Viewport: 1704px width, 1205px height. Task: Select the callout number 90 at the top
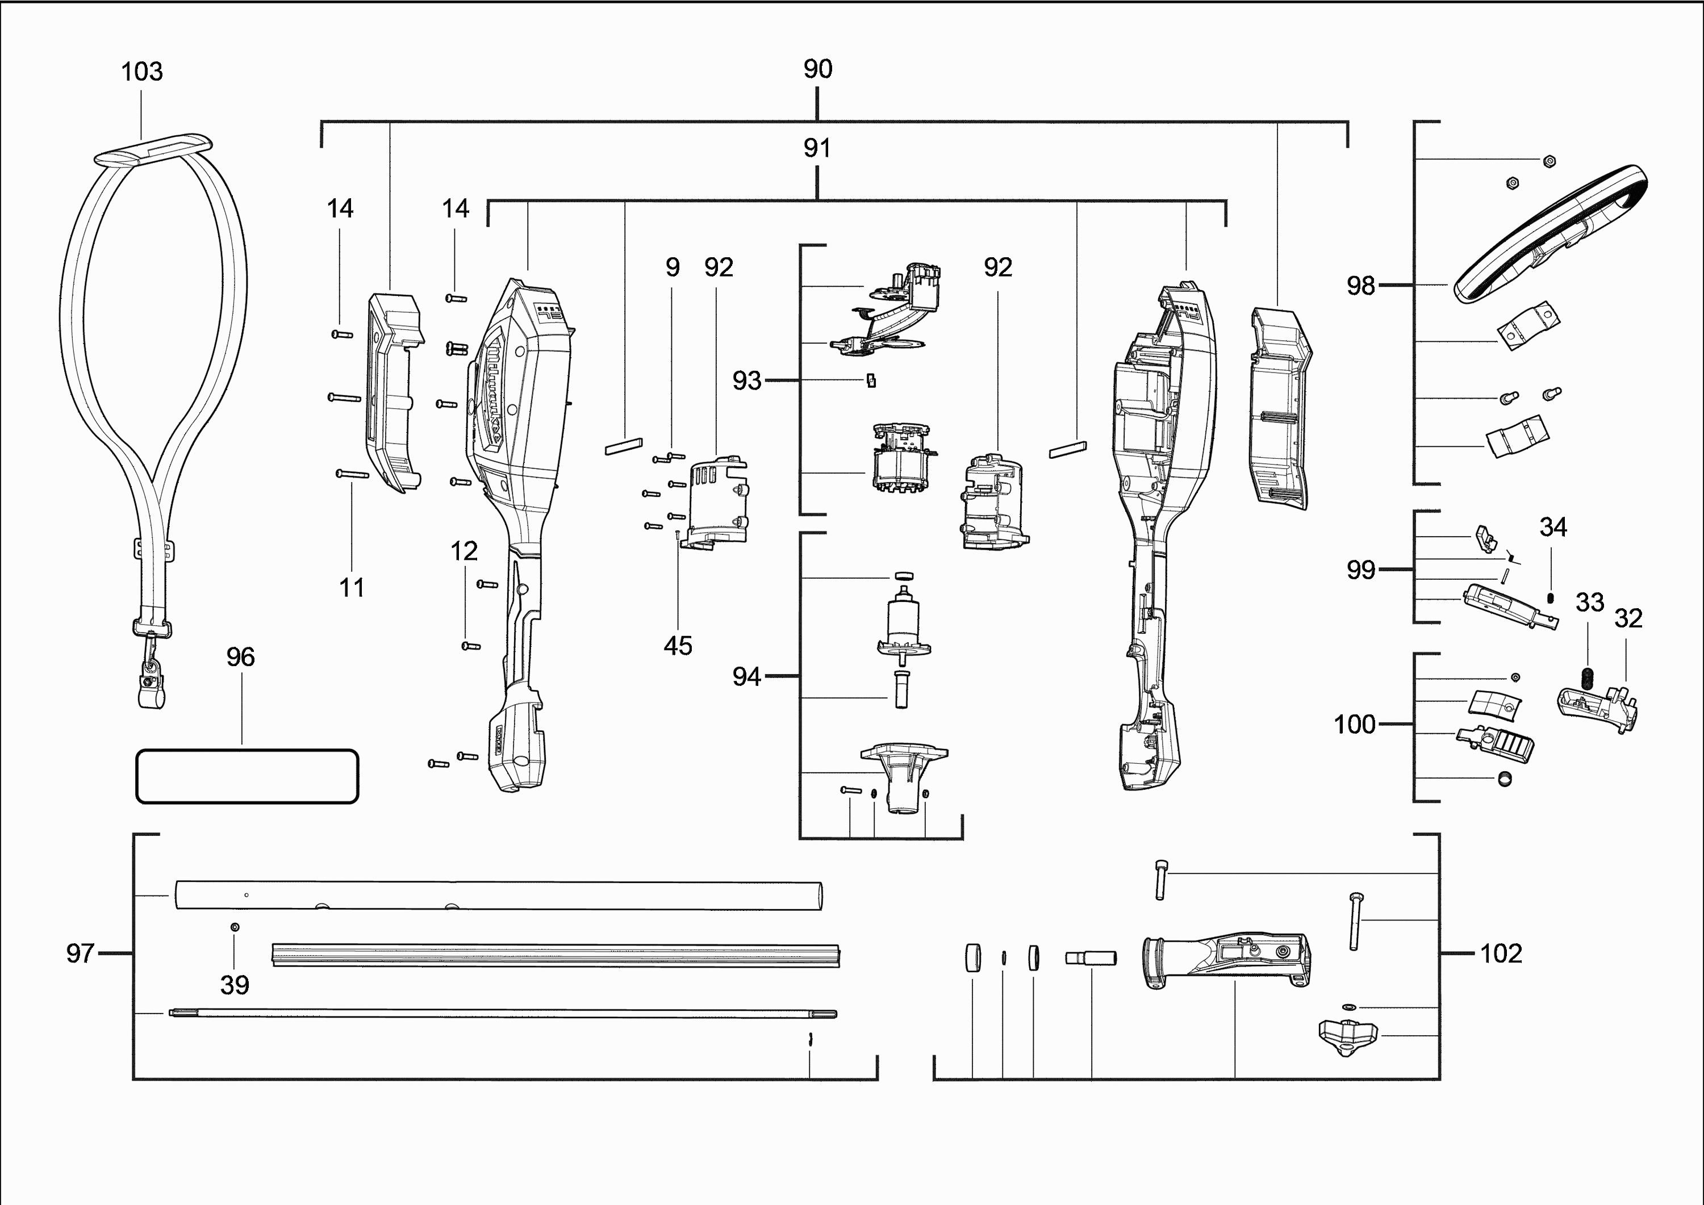pyautogui.click(x=817, y=69)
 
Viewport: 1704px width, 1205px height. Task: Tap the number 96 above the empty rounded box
pyautogui.click(x=240, y=656)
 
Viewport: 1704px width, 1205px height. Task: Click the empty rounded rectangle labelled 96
pyautogui.click(x=247, y=776)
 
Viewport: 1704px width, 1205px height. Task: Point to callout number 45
pyautogui.click(x=678, y=646)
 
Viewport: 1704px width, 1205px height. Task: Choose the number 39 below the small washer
pyautogui.click(x=235, y=985)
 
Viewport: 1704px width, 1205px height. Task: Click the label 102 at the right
pyautogui.click(x=1501, y=953)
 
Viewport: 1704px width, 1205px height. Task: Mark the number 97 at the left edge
pyautogui.click(x=80, y=953)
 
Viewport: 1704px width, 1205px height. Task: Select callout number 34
pyautogui.click(x=1552, y=527)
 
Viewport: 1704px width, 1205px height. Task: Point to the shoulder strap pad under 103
pyautogui.click(x=153, y=148)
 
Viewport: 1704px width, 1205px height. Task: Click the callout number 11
pyautogui.click(x=352, y=588)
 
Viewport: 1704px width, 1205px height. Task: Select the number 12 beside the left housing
pyautogui.click(x=464, y=551)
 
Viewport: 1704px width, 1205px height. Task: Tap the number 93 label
pyautogui.click(x=746, y=380)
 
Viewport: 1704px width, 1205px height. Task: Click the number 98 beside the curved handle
pyautogui.click(x=1360, y=286)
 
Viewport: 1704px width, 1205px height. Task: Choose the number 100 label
pyautogui.click(x=1355, y=724)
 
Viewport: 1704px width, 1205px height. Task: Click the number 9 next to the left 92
pyautogui.click(x=673, y=267)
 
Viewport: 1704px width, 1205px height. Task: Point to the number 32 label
pyautogui.click(x=1628, y=618)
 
